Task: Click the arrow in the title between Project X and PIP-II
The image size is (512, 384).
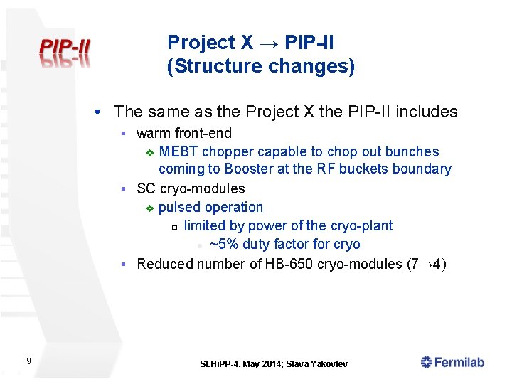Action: [269, 43]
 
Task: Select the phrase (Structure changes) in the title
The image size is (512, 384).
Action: [260, 67]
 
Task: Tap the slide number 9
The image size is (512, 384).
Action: [28, 362]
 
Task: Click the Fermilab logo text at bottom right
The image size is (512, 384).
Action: [453, 363]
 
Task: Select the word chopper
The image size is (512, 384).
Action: [228, 151]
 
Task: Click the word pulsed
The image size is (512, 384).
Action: [179, 207]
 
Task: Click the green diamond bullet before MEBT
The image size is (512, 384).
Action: [149, 152]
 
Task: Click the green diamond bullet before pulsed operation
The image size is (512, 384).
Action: [149, 208]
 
